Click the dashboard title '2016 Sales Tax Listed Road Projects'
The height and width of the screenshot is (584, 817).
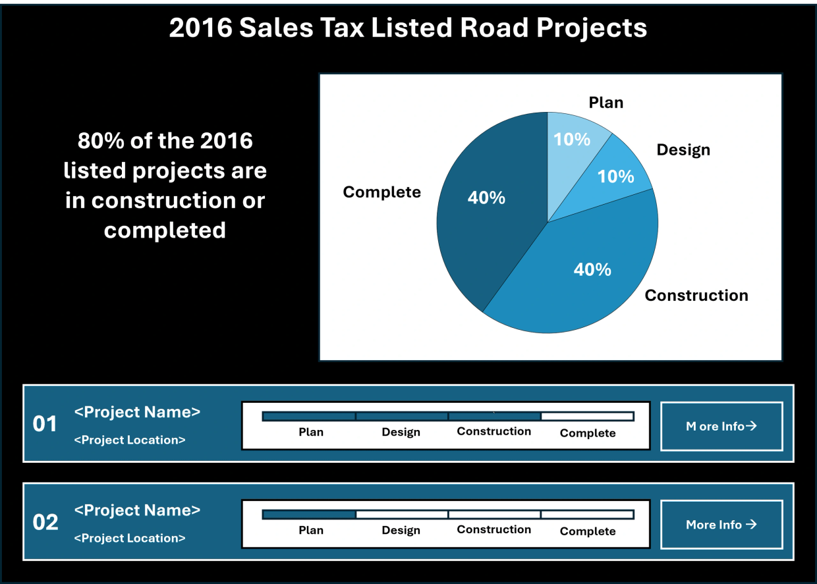408,28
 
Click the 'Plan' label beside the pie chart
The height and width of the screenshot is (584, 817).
606,103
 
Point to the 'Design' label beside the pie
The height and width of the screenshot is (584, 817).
683,150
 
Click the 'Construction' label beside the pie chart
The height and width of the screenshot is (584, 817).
696,295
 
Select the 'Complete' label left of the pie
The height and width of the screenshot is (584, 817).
381,192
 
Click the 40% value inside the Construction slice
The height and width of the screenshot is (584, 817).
592,270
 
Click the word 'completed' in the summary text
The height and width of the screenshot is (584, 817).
165,230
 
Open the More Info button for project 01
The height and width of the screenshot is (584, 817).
721,426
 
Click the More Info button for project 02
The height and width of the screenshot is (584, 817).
721,524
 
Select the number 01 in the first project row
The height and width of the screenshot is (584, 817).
45,424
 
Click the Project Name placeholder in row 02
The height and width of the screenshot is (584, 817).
137,510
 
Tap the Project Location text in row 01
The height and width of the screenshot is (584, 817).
130,440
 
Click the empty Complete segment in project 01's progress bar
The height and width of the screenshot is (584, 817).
587,416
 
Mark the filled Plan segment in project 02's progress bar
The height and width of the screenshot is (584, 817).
309,514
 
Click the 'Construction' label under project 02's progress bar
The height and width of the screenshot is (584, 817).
494,529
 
